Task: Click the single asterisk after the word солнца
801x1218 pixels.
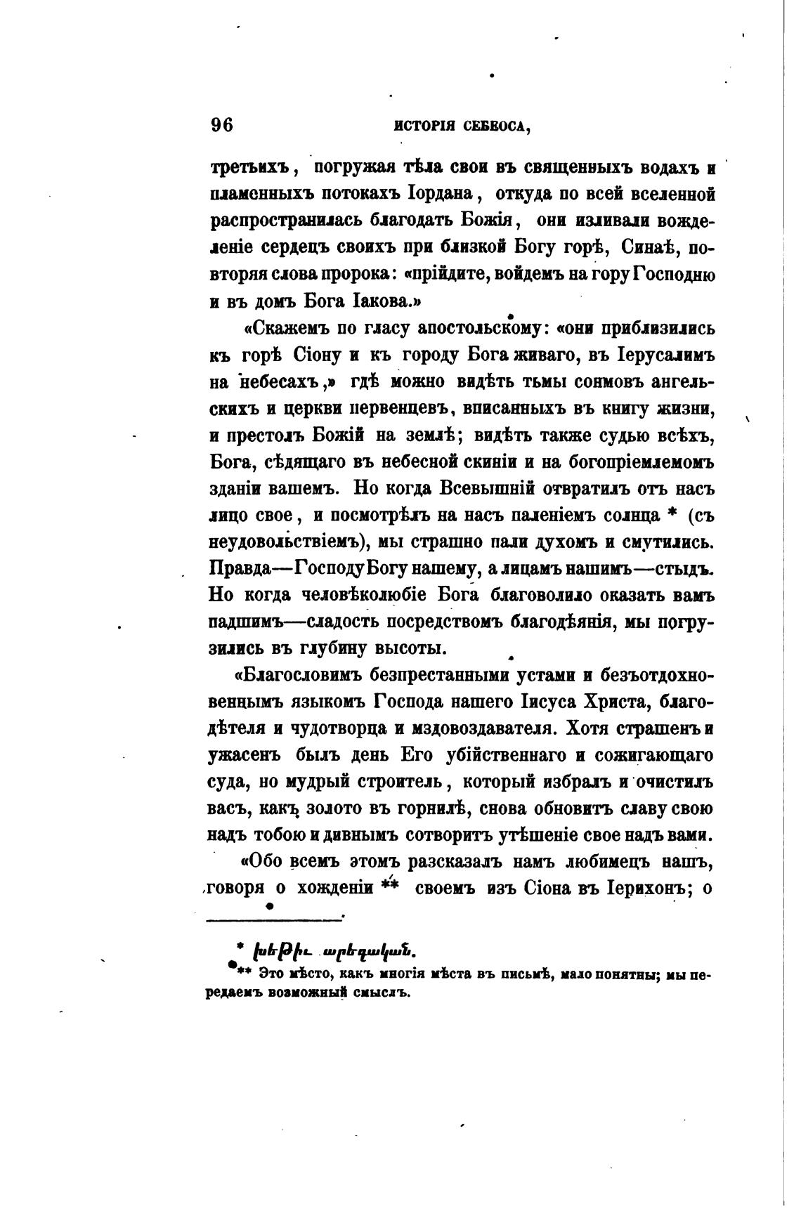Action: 672,515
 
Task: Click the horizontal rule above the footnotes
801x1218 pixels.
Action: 274,916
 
